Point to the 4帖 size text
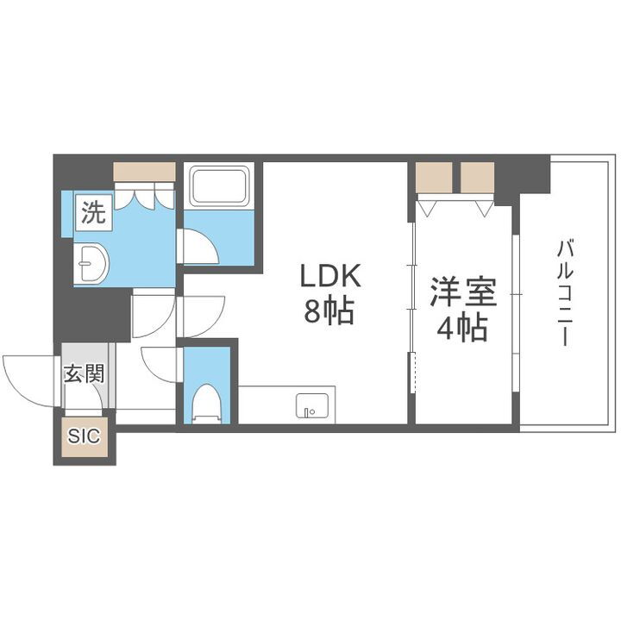(464, 328)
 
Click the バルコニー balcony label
(565, 293)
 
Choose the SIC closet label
(85, 436)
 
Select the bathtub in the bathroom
(219, 185)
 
